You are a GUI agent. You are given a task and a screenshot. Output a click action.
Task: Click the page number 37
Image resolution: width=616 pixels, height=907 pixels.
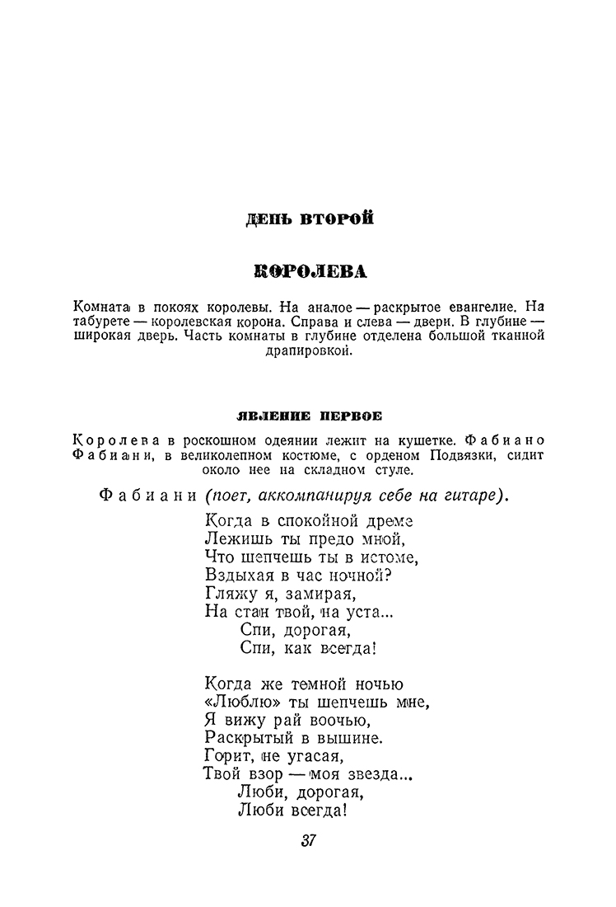point(309,841)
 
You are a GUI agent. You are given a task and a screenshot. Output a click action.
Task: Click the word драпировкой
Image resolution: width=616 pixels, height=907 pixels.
point(309,352)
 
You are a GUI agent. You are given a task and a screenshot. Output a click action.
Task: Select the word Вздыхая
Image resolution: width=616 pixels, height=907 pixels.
point(236,576)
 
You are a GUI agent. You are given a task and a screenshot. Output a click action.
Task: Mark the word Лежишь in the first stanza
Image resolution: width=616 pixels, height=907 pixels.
point(232,539)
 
